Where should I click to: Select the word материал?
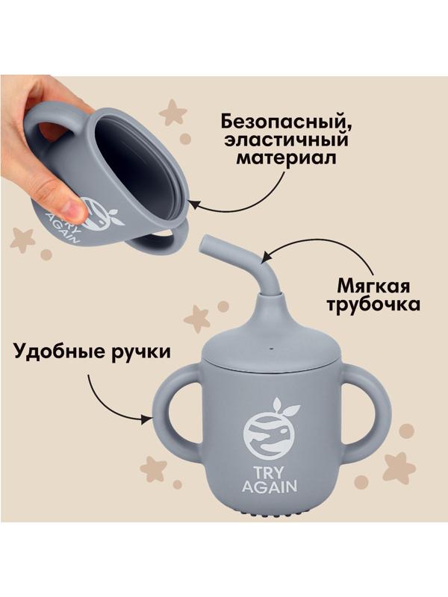[283, 159]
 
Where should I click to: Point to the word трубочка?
[367, 306]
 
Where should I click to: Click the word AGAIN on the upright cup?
[270, 487]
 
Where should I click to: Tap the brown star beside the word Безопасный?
[173, 113]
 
